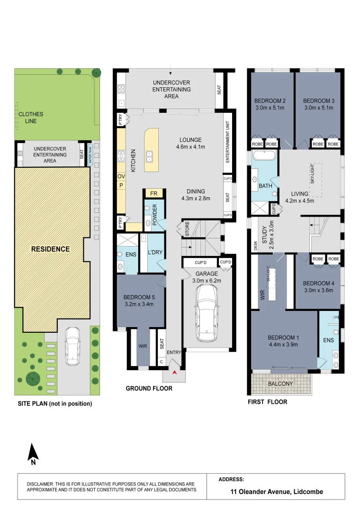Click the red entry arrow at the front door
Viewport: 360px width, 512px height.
(175, 373)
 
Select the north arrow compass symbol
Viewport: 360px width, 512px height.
(32, 453)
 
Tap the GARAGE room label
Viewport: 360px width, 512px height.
(207, 274)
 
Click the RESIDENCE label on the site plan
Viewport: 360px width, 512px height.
(51, 249)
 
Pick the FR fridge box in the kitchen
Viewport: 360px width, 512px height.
(153, 193)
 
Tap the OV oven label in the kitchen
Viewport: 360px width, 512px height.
(121, 176)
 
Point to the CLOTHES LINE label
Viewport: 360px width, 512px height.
(31, 118)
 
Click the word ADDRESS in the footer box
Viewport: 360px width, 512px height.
(231, 479)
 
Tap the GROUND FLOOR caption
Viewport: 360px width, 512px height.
(149, 388)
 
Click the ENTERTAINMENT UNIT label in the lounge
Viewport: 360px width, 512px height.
(228, 143)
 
